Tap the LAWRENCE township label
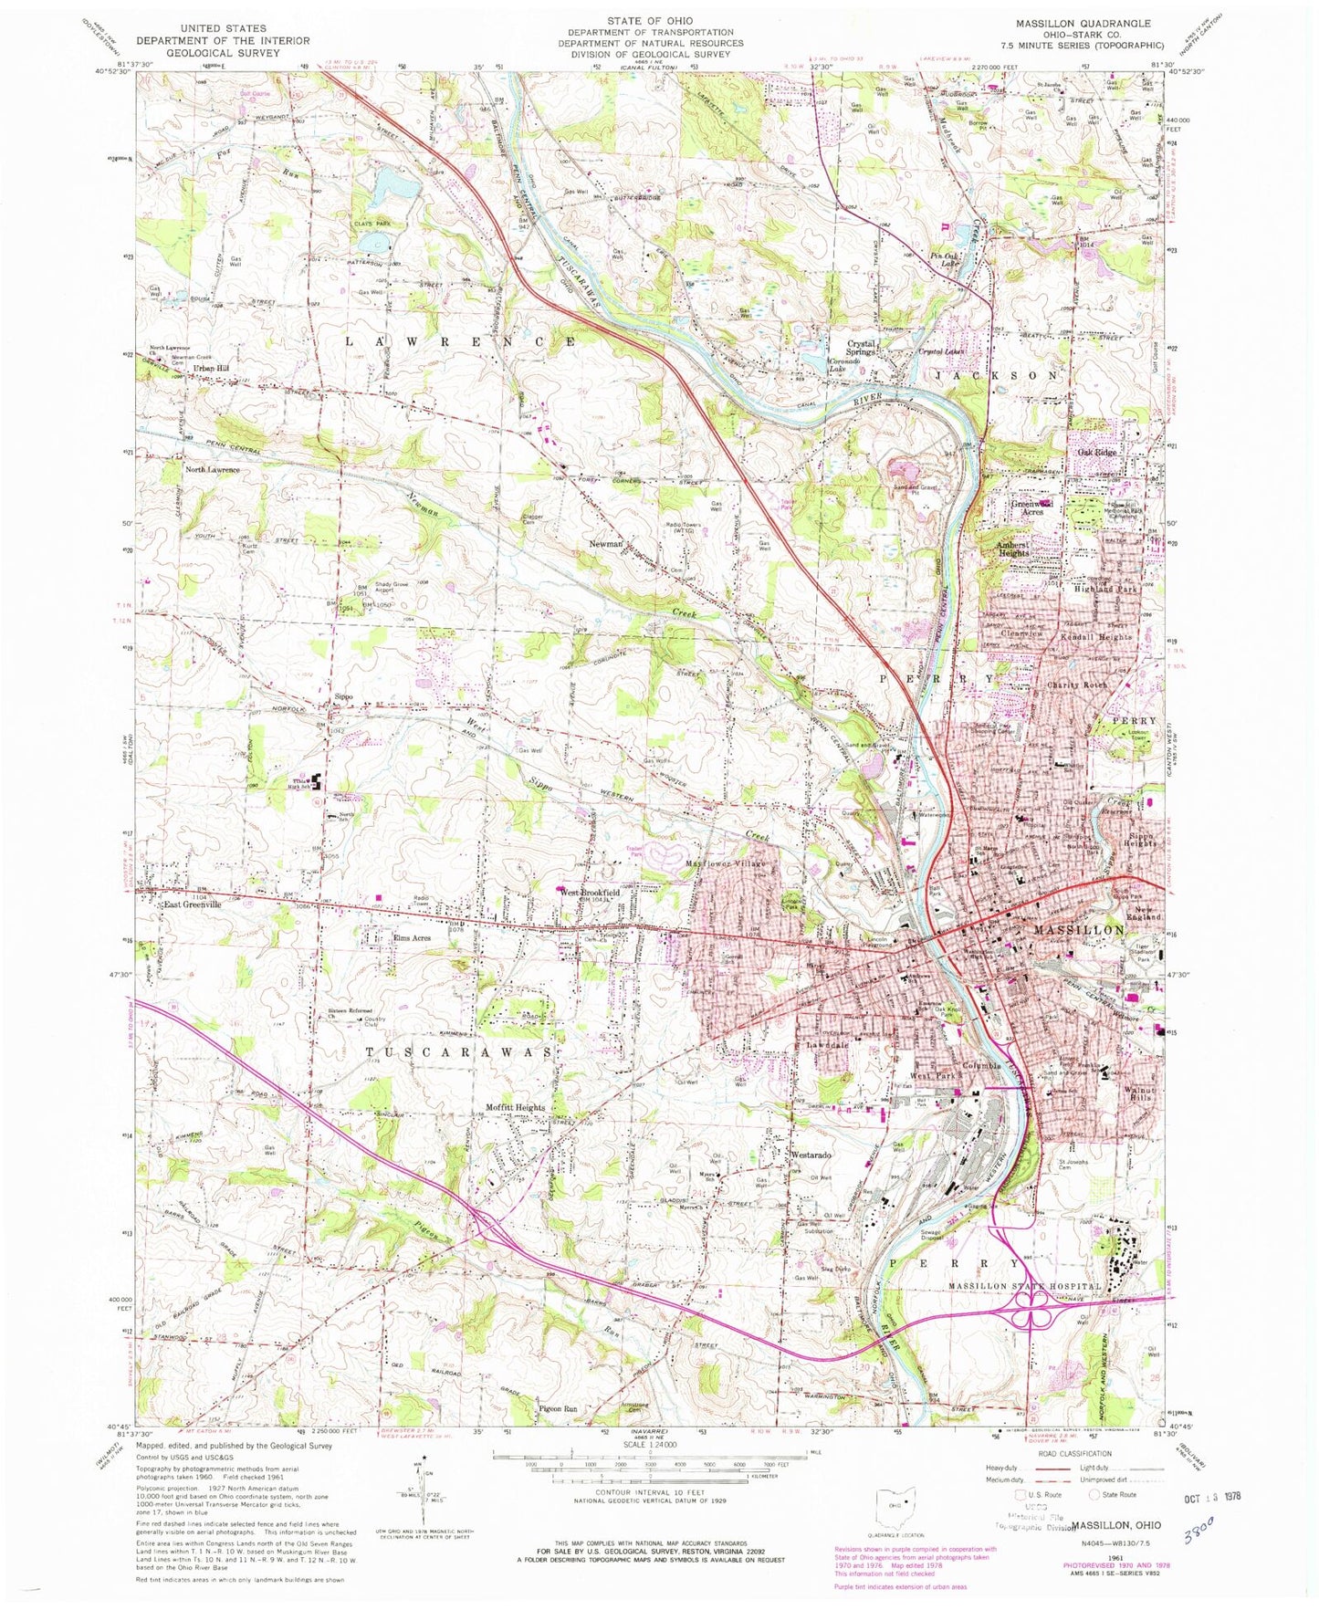tap(461, 340)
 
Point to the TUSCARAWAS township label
tap(459, 1051)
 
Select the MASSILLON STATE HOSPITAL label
tap(1026, 1285)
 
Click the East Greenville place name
tap(187, 904)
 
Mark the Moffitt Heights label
tap(516, 1107)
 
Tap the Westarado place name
tap(810, 1155)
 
